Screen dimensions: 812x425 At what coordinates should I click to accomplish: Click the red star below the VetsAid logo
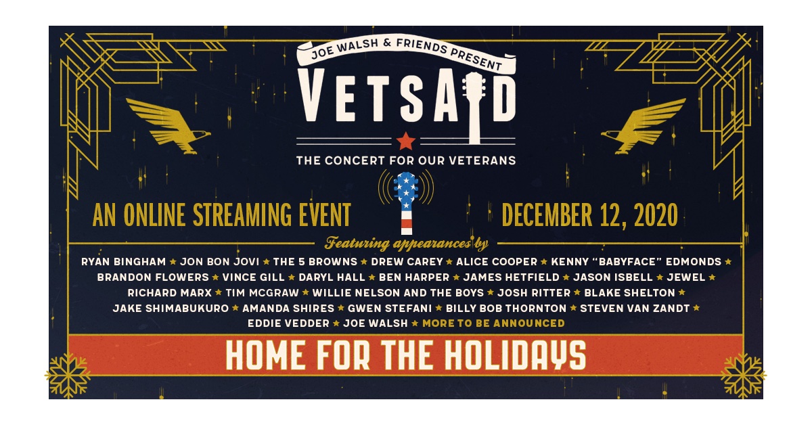click(405, 141)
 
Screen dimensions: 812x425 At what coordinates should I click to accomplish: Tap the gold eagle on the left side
click(168, 126)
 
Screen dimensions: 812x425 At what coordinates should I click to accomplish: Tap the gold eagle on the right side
click(643, 126)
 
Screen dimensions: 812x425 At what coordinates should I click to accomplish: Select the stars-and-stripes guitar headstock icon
click(406, 202)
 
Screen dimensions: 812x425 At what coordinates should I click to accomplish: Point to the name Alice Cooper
click(497, 262)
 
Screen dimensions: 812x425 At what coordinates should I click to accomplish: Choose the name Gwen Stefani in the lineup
click(390, 309)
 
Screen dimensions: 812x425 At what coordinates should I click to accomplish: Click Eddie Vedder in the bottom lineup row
click(288, 323)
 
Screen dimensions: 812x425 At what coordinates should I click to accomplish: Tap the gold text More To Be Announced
click(493, 323)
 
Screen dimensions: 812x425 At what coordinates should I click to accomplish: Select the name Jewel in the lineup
click(686, 277)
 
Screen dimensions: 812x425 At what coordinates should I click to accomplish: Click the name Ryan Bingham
click(124, 262)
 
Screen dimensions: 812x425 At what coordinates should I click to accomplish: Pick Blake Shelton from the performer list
click(630, 293)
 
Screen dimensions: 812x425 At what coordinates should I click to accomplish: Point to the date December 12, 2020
click(590, 215)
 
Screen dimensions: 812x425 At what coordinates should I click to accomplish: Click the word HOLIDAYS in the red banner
click(515, 355)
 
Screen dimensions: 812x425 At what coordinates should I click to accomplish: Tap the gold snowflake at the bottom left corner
click(68, 376)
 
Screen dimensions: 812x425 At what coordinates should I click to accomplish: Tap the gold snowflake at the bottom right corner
click(743, 376)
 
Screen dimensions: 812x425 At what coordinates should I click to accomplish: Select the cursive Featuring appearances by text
click(407, 244)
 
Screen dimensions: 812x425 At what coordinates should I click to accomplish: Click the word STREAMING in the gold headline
click(242, 215)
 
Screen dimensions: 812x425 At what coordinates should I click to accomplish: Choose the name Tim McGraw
click(262, 293)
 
